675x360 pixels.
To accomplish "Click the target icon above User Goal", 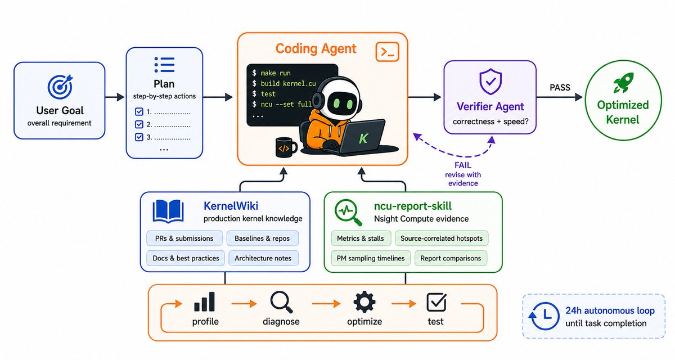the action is point(60,87).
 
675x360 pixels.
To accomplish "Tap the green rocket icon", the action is point(623,82).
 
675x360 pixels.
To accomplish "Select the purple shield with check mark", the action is point(490,82).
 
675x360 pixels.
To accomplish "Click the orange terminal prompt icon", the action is point(387,52).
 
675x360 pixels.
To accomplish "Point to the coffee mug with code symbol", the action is point(286,147).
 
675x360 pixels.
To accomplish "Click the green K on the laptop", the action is point(363,138).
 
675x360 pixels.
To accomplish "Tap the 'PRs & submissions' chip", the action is point(184,238).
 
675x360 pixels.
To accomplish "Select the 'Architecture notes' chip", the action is point(263,258).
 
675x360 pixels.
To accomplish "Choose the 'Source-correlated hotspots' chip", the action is point(442,238).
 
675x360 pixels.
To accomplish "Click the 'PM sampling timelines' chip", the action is point(371,258).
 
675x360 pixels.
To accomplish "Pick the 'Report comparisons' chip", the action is point(451,258).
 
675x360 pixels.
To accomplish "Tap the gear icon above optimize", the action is point(364,302).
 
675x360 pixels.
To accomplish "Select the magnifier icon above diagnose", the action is point(281,302).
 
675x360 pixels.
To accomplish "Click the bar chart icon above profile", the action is point(204,301).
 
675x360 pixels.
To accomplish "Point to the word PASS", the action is point(560,88).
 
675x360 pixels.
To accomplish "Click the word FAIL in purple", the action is point(463,165).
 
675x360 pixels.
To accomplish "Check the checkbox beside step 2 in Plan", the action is point(139,124).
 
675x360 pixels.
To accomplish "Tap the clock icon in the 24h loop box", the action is point(544,316).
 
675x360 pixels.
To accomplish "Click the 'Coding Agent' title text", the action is point(316,49).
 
